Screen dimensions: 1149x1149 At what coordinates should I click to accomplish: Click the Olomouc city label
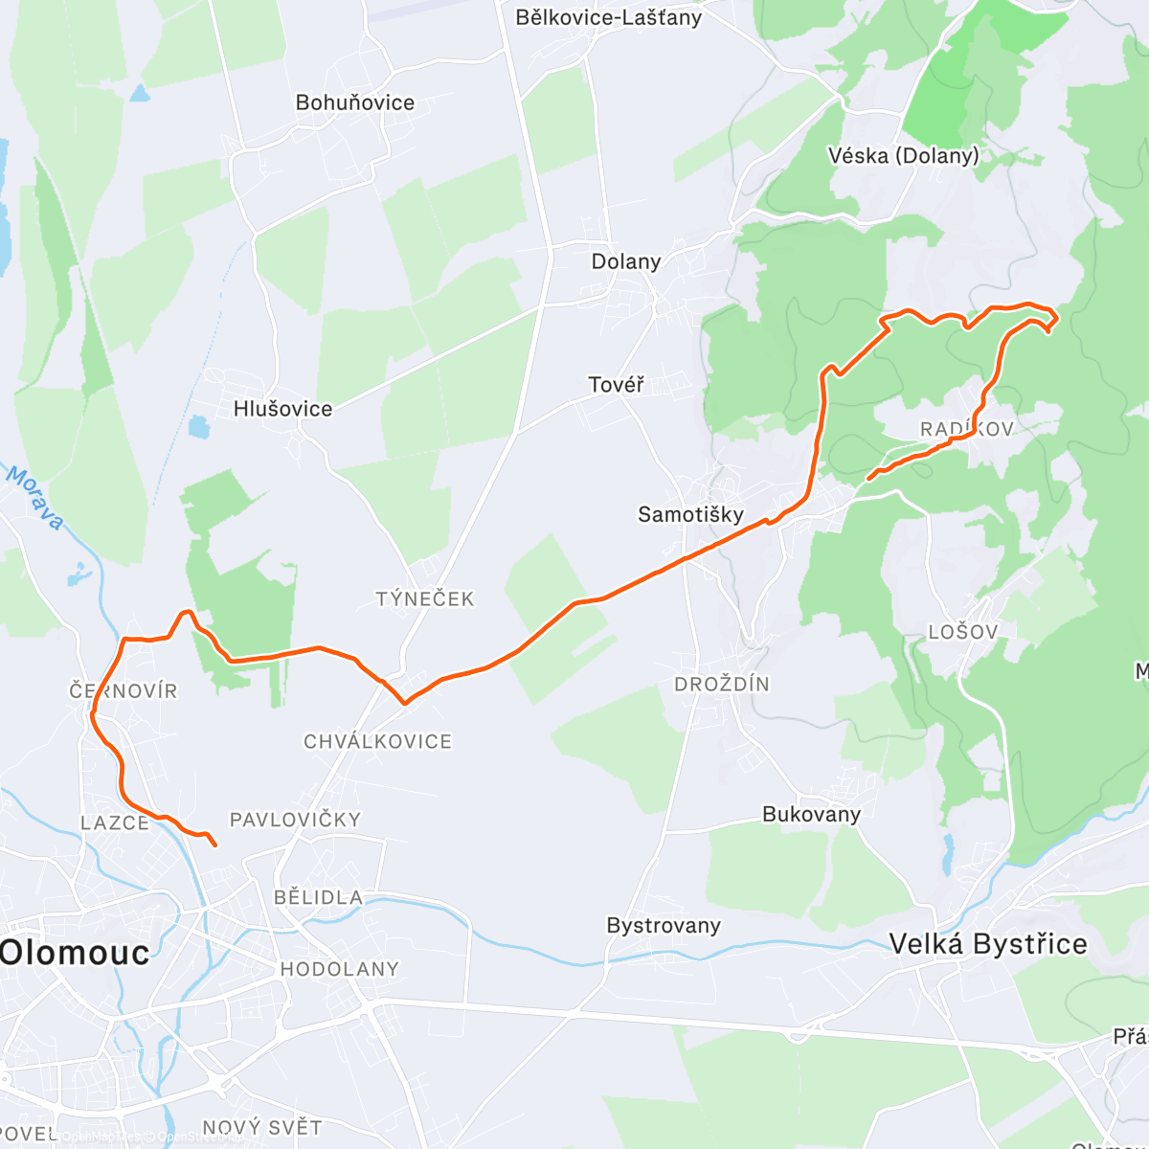coord(75,953)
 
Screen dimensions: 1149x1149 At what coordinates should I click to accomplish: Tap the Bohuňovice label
coord(355,102)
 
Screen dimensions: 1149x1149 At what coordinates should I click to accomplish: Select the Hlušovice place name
coord(283,409)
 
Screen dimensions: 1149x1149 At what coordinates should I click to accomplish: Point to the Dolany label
coord(626,261)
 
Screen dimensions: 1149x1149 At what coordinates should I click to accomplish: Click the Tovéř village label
coord(616,385)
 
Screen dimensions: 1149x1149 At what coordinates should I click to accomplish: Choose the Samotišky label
coord(690,514)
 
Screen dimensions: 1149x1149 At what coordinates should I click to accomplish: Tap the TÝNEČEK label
coord(425,599)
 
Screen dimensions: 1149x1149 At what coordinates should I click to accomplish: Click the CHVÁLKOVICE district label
coord(377,741)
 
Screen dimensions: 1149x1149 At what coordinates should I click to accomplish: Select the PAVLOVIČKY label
coord(295,820)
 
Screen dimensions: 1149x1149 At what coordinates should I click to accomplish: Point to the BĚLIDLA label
coord(318,897)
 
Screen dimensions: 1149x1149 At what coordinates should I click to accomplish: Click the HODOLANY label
coord(339,969)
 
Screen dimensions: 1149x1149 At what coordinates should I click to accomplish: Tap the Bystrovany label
coord(664,926)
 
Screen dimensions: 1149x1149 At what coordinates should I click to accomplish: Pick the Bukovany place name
coord(811,814)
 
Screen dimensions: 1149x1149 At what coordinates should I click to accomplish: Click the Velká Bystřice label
coord(988,944)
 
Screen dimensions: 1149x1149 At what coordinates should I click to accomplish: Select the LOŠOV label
coord(963,632)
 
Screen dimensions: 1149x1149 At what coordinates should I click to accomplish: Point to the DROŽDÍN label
coord(722,685)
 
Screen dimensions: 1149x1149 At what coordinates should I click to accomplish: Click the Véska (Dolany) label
coord(903,155)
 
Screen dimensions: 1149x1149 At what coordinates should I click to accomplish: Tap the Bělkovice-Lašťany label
coord(608,17)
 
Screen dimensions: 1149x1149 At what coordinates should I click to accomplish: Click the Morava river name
coord(36,498)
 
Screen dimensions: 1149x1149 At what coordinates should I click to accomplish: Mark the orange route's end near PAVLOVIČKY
coord(214,845)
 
